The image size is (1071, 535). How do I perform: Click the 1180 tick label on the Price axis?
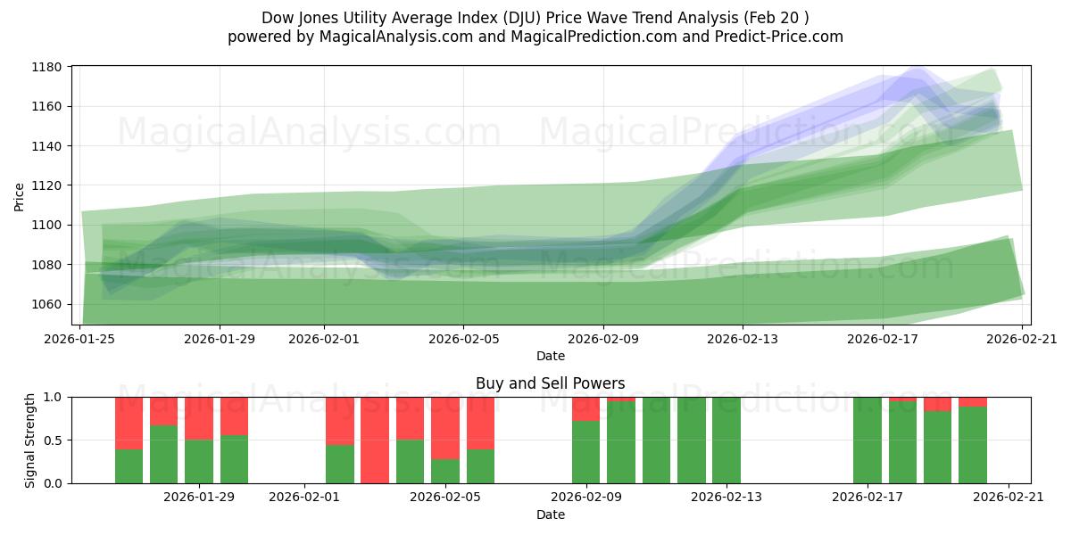tap(46, 67)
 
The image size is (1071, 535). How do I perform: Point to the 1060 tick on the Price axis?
tap(46, 304)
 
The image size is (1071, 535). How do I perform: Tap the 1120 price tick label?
tap(46, 185)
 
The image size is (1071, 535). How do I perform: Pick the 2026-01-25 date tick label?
tap(81, 339)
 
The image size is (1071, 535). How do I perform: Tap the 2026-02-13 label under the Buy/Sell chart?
tap(726, 498)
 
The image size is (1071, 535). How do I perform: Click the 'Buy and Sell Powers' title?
tap(550, 383)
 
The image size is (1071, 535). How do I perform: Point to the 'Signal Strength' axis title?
tap(29, 440)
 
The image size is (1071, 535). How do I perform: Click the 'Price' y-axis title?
tap(20, 196)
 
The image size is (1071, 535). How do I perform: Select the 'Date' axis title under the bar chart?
tap(550, 514)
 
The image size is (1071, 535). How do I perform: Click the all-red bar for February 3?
tap(375, 440)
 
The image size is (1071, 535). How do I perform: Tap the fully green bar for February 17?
tap(867, 440)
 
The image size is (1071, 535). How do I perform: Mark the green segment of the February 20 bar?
tap(973, 445)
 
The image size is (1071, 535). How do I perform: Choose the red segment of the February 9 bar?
tap(585, 408)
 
